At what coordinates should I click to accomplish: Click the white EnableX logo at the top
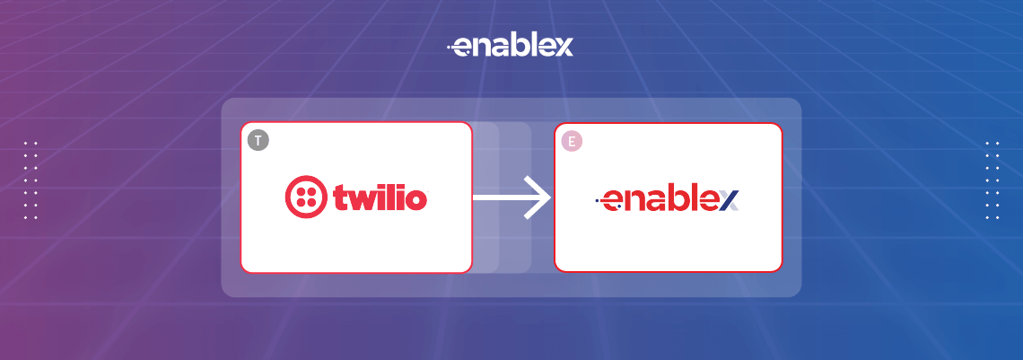(x=510, y=47)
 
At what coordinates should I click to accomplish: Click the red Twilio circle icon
(x=305, y=197)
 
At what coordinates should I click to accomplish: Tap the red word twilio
(x=380, y=197)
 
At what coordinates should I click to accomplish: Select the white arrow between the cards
(x=511, y=197)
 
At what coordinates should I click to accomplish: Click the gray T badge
(x=258, y=140)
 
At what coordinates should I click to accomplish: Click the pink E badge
(x=572, y=141)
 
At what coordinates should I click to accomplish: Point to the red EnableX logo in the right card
(x=668, y=199)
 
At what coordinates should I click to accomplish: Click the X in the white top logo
(x=563, y=48)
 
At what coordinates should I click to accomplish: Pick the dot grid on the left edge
(x=31, y=180)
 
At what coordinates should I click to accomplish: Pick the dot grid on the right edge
(x=992, y=180)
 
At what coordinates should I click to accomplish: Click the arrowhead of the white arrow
(x=538, y=197)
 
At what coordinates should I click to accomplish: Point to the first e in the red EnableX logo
(x=613, y=201)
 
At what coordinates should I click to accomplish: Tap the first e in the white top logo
(x=463, y=48)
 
